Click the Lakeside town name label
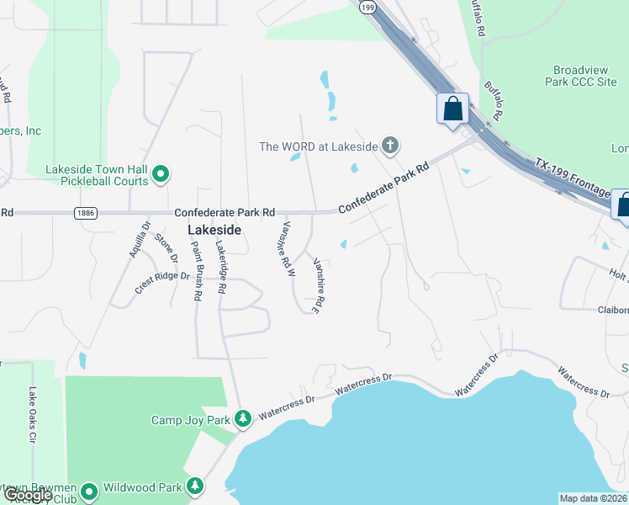[214, 230]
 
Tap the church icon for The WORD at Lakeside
[389, 146]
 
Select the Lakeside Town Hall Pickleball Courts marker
[161, 175]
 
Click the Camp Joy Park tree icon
[243, 418]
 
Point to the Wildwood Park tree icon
[195, 486]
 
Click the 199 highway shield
[367, 7]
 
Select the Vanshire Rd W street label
[287, 249]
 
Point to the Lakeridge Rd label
[219, 267]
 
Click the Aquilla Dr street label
[140, 240]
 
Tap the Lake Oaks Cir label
[32, 415]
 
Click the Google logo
[27, 495]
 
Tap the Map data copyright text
[594, 498]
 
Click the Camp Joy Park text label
[190, 419]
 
